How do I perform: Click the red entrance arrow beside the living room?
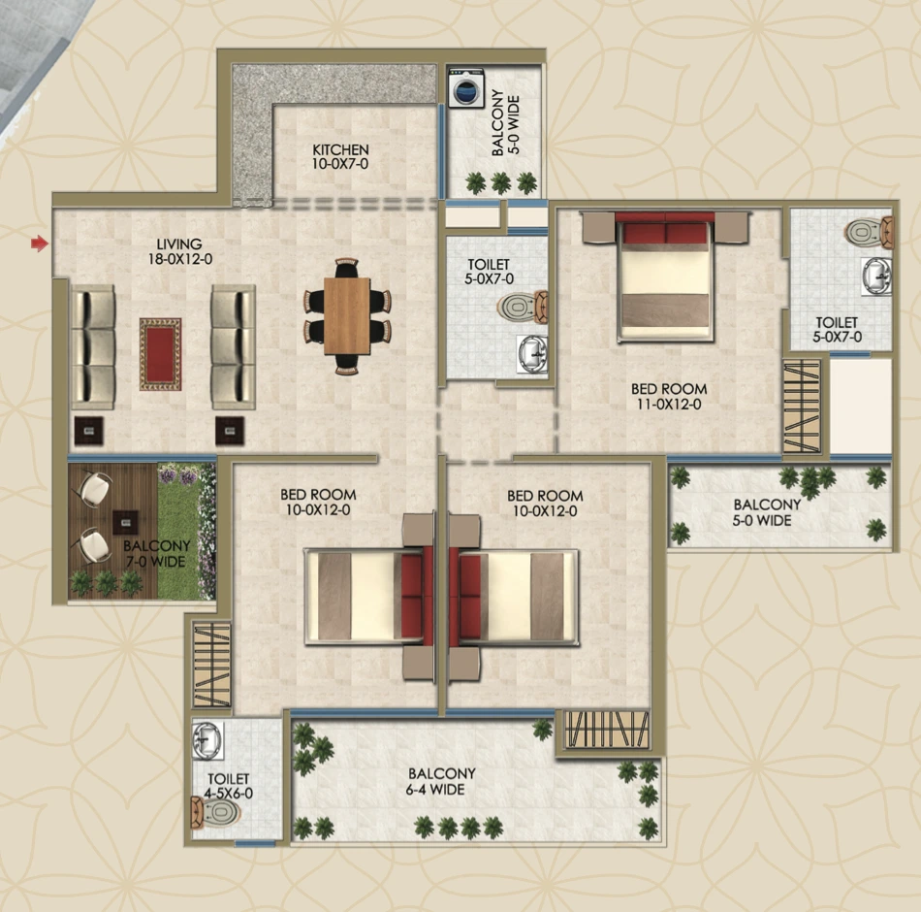pyautogui.click(x=39, y=244)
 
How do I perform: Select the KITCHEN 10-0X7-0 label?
pyautogui.click(x=340, y=157)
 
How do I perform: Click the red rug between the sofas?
pyautogui.click(x=160, y=353)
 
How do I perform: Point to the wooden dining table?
pyautogui.click(x=347, y=316)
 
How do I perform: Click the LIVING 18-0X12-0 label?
pyautogui.click(x=181, y=251)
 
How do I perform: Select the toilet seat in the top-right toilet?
pyautogui.click(x=866, y=233)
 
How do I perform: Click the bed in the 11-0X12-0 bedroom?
pyautogui.click(x=665, y=277)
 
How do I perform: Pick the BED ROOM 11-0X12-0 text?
pyautogui.click(x=668, y=397)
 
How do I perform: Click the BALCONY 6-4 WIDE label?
pyautogui.click(x=441, y=781)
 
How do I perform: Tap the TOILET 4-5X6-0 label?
pyautogui.click(x=228, y=786)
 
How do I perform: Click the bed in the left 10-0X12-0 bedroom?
pyautogui.click(x=366, y=597)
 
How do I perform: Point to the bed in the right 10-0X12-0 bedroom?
pyautogui.click(x=516, y=597)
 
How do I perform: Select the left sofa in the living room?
pyautogui.click(x=92, y=346)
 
